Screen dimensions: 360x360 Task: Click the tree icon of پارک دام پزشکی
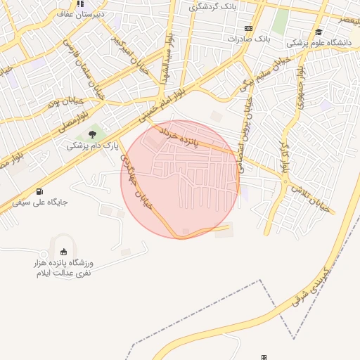[91, 134]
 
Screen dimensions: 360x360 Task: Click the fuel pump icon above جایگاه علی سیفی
[39, 191]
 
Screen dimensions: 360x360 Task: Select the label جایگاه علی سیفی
[39, 202]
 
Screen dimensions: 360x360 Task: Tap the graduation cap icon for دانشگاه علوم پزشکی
[319, 32]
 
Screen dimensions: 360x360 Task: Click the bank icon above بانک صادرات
[247, 28]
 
